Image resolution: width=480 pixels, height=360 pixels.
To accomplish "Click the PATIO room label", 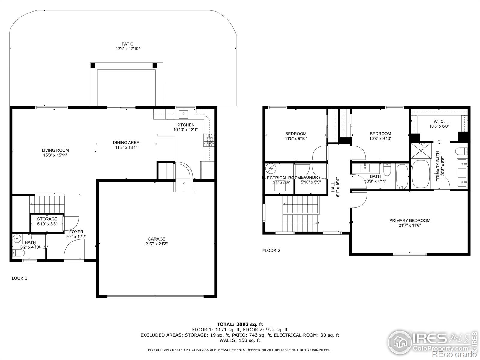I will (x=127, y=44).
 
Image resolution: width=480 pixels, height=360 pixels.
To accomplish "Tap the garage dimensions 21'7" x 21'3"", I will (x=156, y=244).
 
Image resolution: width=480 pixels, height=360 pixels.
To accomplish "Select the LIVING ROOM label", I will (x=55, y=150).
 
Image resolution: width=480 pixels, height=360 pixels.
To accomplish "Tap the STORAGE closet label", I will (x=47, y=219).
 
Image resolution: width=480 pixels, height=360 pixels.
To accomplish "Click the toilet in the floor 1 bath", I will (x=19, y=254).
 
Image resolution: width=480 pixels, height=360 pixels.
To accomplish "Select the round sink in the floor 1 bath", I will (x=17, y=239).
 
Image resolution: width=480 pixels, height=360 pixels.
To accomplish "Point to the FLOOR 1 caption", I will (x=18, y=278).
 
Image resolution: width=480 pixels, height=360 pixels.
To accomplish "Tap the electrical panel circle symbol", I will (x=271, y=168).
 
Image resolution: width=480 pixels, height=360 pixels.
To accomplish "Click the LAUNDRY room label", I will (x=311, y=177).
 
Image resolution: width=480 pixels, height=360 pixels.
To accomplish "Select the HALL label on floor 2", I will (x=333, y=187).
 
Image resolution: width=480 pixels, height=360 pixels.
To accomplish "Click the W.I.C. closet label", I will (x=439, y=121).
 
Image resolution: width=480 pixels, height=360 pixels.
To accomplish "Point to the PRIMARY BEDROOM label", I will (x=409, y=220).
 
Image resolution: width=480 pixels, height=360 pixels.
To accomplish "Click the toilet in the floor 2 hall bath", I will (x=387, y=170).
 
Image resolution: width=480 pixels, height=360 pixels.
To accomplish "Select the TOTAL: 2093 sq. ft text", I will (x=240, y=324).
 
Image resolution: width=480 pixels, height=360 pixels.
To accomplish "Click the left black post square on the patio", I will (x=93, y=65).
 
